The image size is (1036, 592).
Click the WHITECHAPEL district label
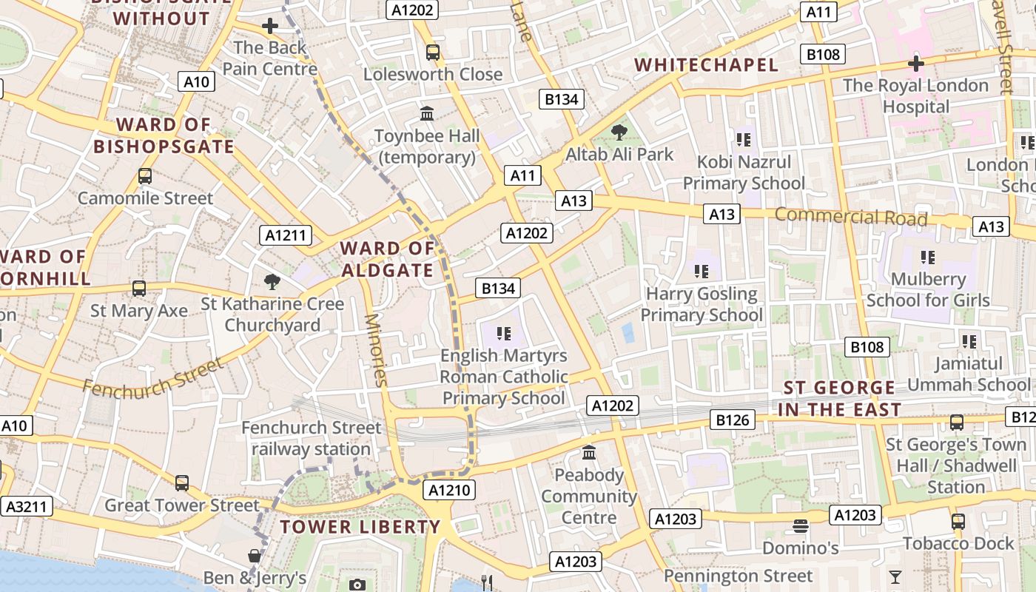click(706, 65)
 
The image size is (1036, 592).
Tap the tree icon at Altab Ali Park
click(619, 132)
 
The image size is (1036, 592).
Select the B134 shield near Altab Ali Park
click(561, 99)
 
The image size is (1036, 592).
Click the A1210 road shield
click(449, 490)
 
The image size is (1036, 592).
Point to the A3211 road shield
click(27, 506)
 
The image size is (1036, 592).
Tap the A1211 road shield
click(286, 236)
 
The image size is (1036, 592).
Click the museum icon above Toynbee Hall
click(427, 114)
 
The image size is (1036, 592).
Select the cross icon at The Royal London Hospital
click(916, 64)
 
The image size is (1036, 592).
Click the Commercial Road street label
click(851, 217)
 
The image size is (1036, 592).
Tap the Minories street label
click(376, 350)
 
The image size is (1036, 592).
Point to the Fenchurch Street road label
click(152, 377)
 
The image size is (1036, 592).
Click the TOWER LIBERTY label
click(360, 527)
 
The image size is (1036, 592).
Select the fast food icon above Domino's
click(800, 526)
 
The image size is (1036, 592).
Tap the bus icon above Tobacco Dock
click(958, 521)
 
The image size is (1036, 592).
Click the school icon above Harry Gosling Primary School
click(702, 272)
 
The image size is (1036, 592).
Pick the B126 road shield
click(733, 420)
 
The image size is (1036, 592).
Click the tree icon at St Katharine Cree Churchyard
click(272, 281)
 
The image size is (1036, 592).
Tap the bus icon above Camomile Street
click(145, 176)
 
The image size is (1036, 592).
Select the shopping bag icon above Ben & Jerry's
click(255, 555)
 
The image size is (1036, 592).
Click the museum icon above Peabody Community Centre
click(589, 452)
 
